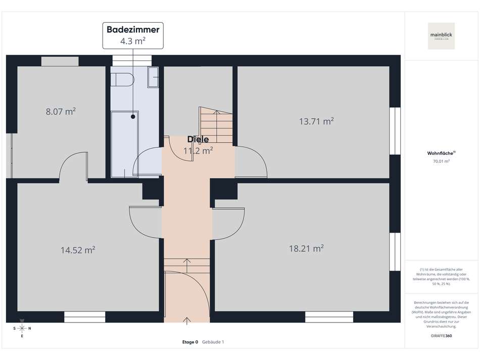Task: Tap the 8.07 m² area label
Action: coord(61,111)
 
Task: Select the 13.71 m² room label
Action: coord(316,121)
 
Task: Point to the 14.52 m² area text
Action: coord(78,250)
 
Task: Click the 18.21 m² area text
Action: coord(306,248)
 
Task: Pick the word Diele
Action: coord(198,140)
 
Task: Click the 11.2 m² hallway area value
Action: coord(198,150)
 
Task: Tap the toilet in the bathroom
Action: coord(122,79)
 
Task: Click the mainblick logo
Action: coord(441,36)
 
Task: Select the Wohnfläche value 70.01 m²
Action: coord(441,161)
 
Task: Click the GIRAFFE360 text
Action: coord(441,336)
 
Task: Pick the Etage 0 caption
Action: coord(190,342)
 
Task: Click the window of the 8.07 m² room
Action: coord(60,62)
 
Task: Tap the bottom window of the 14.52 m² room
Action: coord(84,317)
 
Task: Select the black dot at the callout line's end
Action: coord(133,117)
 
